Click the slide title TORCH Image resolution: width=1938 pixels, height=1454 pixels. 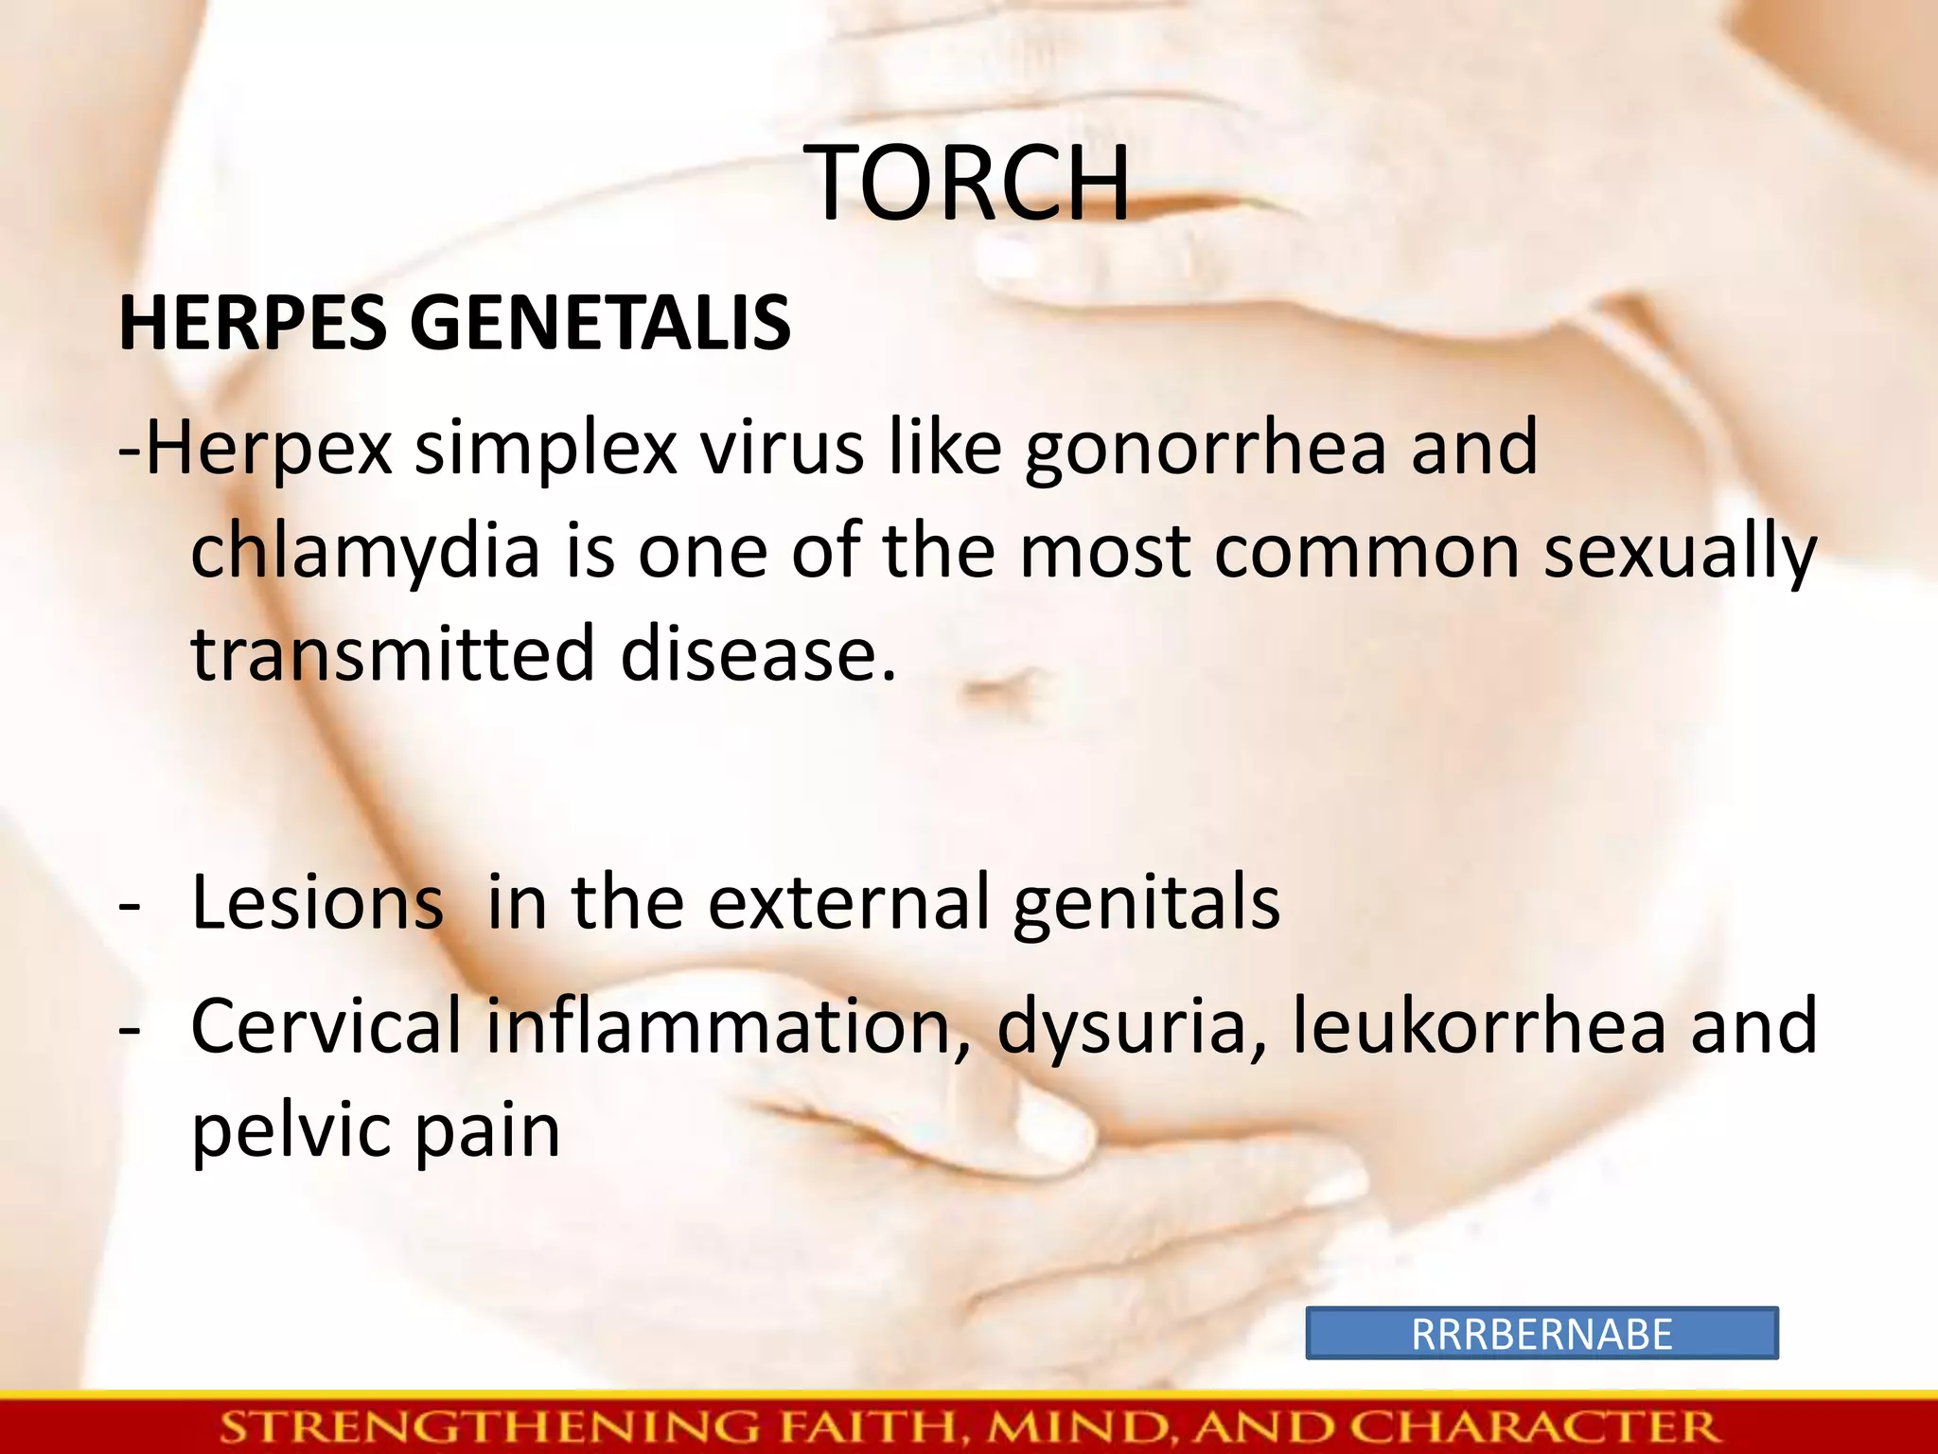[x=969, y=184]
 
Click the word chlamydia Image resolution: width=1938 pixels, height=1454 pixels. [x=365, y=554]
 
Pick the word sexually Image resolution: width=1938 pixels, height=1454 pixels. [x=1680, y=554]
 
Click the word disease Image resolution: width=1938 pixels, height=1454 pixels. [x=757, y=655]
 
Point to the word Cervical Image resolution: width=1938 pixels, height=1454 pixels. [x=326, y=1027]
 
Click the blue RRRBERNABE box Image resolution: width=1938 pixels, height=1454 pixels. [x=1542, y=1334]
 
